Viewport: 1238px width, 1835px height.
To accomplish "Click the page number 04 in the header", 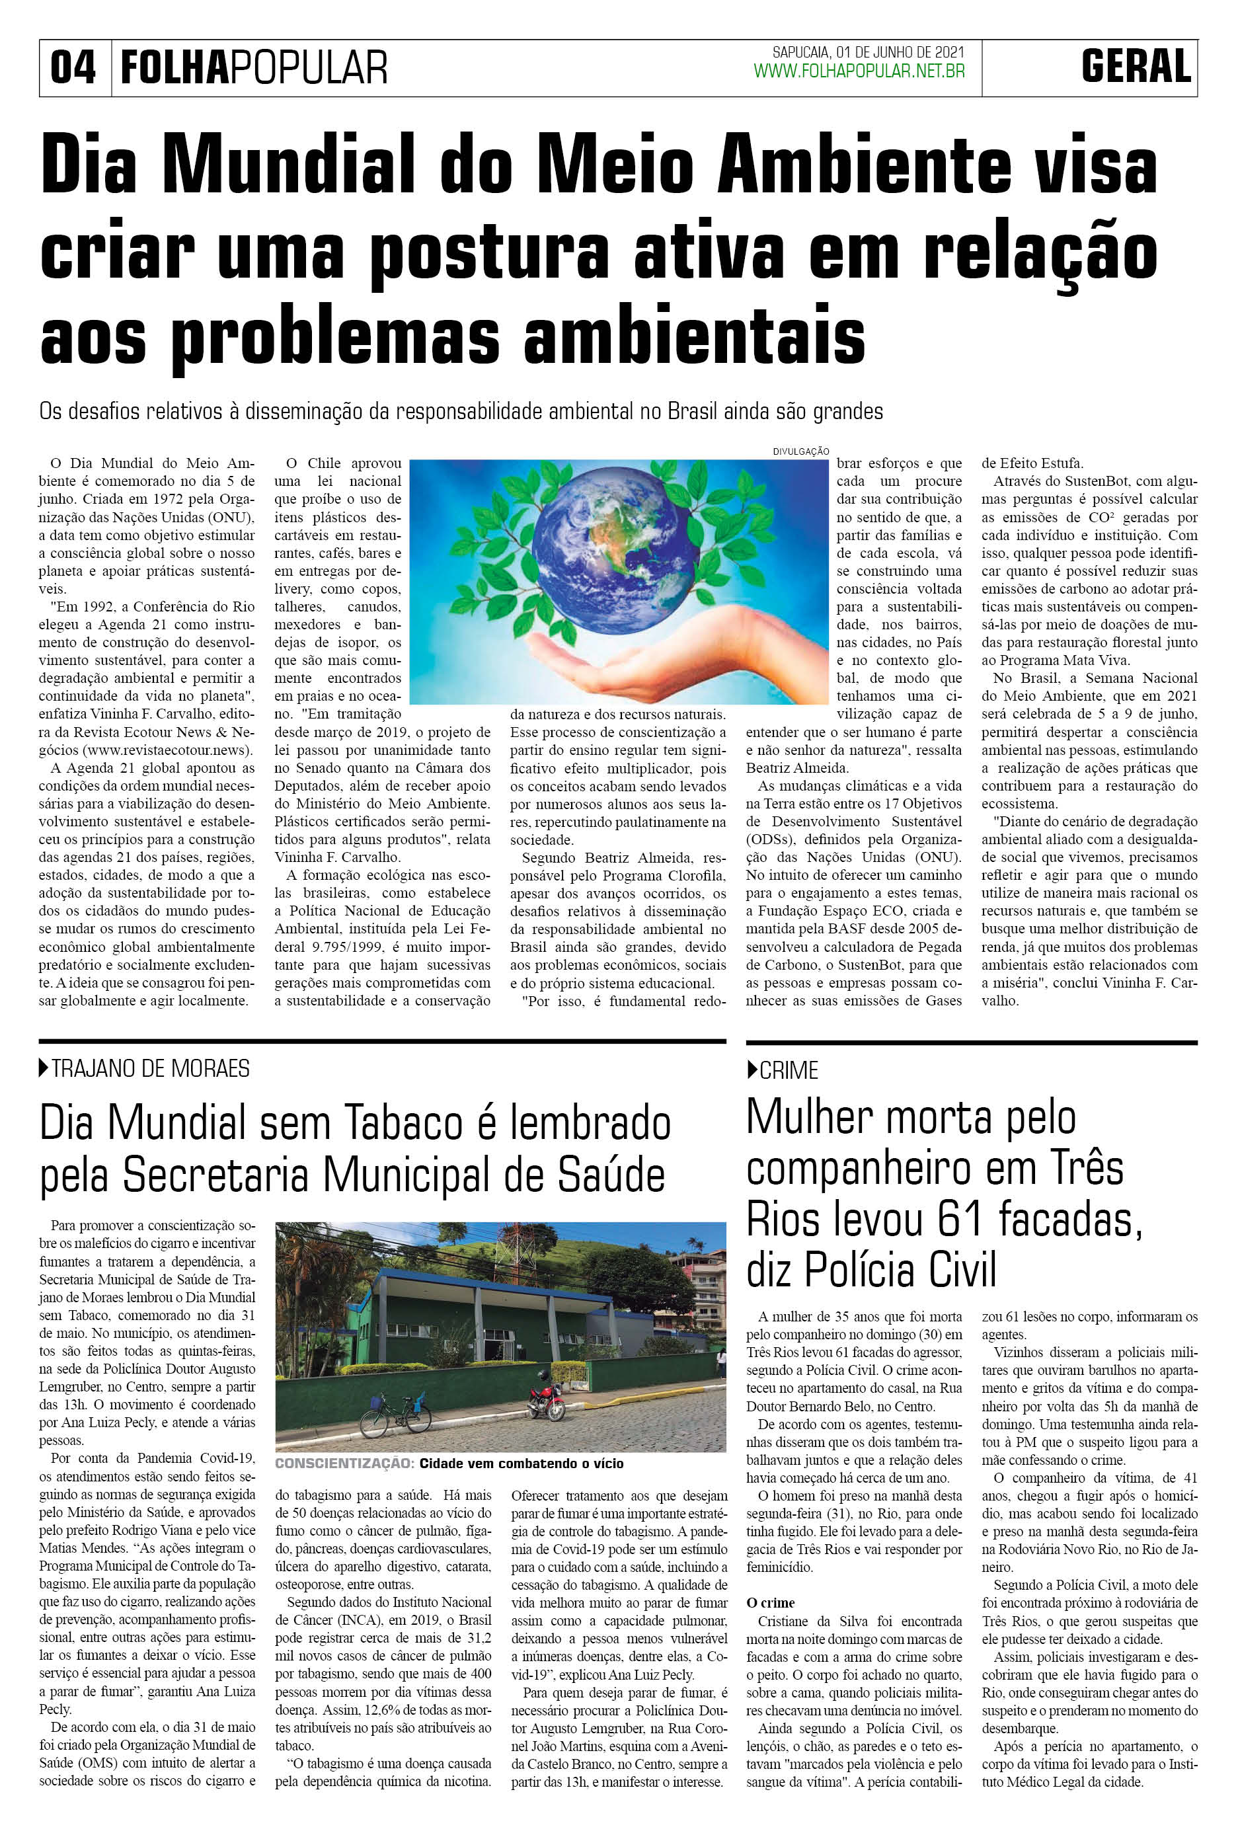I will tap(73, 68).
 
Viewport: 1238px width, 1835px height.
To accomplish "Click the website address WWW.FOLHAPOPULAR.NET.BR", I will tap(859, 72).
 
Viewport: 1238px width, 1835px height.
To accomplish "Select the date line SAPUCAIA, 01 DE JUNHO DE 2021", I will tap(868, 52).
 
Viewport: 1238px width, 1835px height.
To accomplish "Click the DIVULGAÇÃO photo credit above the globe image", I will tap(800, 451).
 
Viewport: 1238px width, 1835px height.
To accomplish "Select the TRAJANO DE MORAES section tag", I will tap(150, 1069).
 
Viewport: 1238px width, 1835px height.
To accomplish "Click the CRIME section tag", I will tap(788, 1071).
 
